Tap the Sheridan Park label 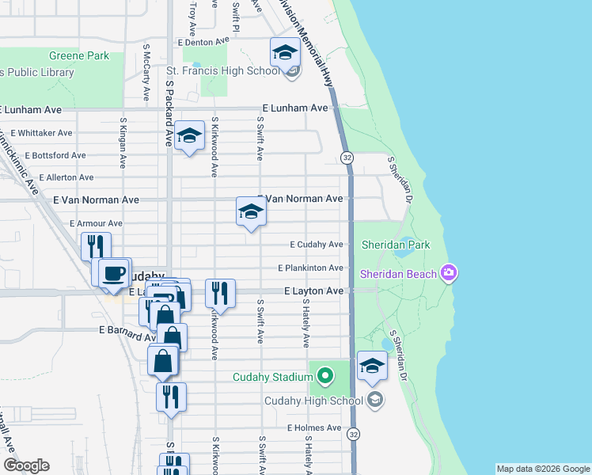pos(396,245)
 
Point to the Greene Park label pos(79,56)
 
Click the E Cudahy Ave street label pos(316,245)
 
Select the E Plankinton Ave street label pos(310,268)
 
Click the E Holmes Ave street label pos(314,427)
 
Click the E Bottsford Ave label pos(55,155)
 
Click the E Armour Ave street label pos(96,224)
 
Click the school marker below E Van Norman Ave pos(251,211)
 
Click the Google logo pos(26,465)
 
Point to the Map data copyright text pos(543,469)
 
